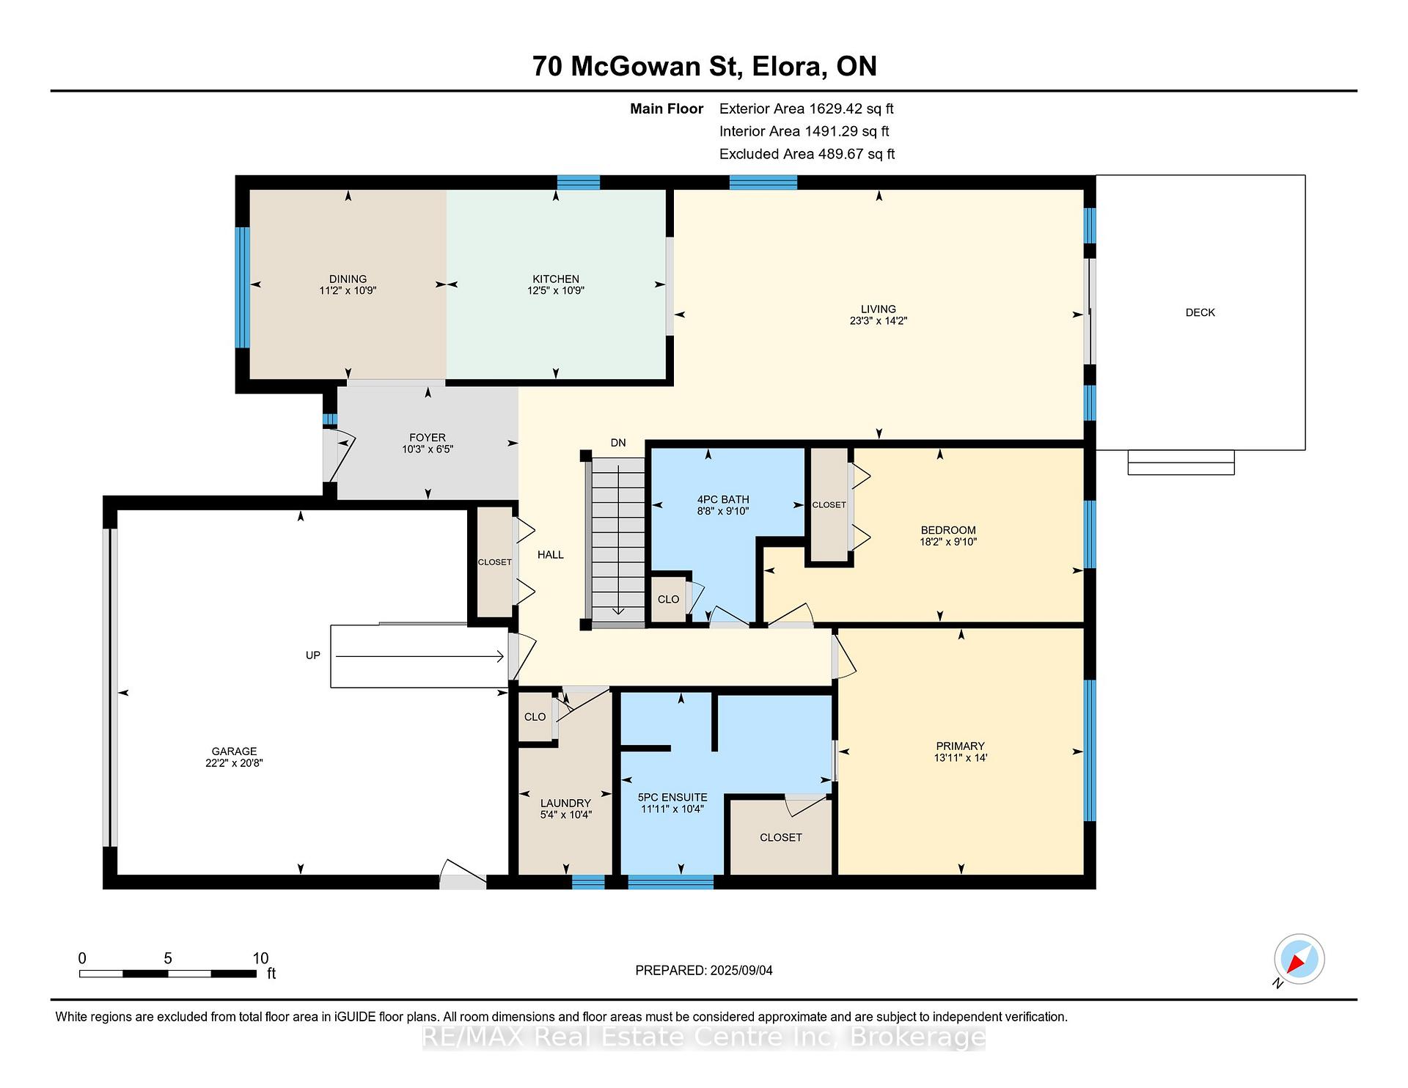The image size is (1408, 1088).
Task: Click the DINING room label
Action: click(x=348, y=279)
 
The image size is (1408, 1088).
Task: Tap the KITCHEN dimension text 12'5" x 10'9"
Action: click(x=556, y=290)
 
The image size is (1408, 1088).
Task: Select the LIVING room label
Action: click(x=879, y=309)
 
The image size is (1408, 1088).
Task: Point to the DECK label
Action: click(x=1200, y=312)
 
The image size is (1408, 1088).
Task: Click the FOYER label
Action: click(x=428, y=438)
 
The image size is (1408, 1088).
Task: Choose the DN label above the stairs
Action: click(x=618, y=443)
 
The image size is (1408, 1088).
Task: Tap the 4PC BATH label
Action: click(x=723, y=499)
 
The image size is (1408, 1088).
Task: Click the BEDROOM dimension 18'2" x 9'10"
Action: click(x=948, y=542)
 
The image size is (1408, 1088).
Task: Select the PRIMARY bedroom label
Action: click(x=960, y=746)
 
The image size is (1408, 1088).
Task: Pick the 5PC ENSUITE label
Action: click(x=672, y=797)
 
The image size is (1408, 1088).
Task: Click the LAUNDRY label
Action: click(x=565, y=803)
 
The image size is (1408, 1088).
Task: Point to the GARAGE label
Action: click(x=234, y=751)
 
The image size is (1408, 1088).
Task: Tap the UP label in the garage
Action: click(x=313, y=655)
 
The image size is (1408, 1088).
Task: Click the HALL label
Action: click(x=551, y=555)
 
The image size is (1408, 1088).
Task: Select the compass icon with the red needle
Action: click(x=1299, y=959)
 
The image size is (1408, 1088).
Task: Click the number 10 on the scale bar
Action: click(x=260, y=958)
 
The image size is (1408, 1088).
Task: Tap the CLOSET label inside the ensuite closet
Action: click(x=781, y=837)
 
